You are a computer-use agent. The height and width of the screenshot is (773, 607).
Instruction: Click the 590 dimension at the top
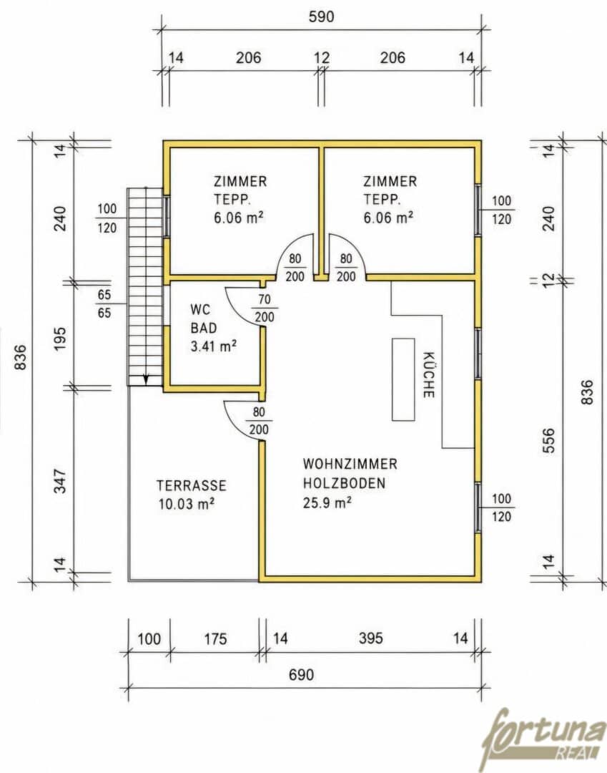[321, 16]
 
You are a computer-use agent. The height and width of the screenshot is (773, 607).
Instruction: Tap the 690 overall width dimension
[301, 674]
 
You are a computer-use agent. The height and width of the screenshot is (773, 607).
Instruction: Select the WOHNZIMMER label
[350, 464]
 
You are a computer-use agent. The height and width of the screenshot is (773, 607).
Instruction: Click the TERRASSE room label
[192, 485]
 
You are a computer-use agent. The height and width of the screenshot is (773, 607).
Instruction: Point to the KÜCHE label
[428, 374]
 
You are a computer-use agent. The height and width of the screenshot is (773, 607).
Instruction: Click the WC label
[200, 310]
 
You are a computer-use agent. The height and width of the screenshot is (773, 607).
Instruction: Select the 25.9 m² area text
[327, 502]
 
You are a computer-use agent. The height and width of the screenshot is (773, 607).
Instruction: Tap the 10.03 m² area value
[187, 504]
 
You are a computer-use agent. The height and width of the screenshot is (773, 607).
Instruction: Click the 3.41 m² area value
[214, 346]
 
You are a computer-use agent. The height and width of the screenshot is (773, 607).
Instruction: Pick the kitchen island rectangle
[403, 379]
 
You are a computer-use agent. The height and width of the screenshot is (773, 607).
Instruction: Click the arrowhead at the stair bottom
[146, 379]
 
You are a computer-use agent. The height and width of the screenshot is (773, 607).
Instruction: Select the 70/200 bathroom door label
[265, 308]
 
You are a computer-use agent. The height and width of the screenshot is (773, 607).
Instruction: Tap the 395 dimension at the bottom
[370, 638]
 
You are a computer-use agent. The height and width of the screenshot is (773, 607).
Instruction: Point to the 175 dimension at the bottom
[215, 639]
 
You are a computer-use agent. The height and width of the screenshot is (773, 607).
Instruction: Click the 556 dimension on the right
[548, 441]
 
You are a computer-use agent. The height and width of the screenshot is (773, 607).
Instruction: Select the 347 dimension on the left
[59, 481]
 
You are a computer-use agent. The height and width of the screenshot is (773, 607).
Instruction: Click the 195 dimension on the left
[59, 338]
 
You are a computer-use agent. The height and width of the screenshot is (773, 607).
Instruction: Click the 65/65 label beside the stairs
[104, 303]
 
